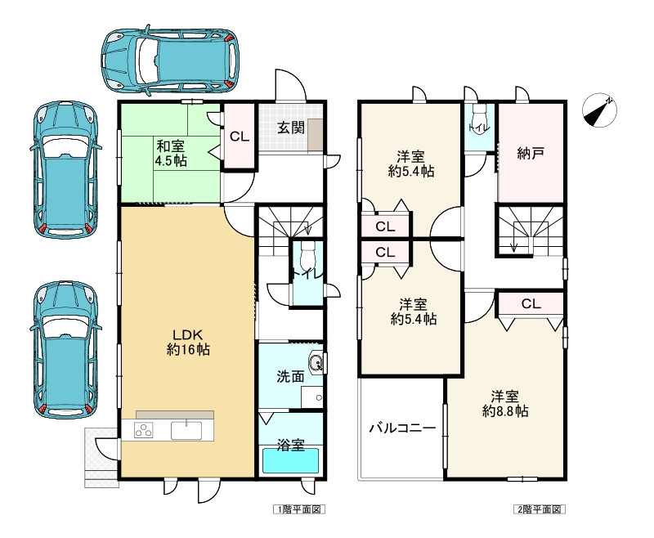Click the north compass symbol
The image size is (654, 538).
(x=599, y=110)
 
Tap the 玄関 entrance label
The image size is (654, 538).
(x=291, y=128)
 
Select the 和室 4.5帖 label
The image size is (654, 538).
(x=171, y=154)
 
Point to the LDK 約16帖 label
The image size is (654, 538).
(x=188, y=342)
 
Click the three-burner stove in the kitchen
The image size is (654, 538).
(x=143, y=430)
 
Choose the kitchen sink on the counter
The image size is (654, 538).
(x=186, y=430)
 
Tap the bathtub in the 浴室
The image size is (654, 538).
(x=291, y=460)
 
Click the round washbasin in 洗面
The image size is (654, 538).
(x=316, y=362)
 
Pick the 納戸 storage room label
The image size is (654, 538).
(x=530, y=154)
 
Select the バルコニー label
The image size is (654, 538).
(x=402, y=428)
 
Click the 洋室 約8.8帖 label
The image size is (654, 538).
(x=505, y=404)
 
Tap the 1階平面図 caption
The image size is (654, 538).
(x=299, y=509)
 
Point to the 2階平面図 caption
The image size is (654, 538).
(x=540, y=509)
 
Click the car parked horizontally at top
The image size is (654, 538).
(x=170, y=60)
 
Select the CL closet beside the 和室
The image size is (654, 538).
(x=240, y=137)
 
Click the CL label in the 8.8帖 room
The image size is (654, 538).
(x=531, y=303)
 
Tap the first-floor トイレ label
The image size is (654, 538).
(x=307, y=275)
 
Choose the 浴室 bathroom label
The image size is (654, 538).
(x=291, y=445)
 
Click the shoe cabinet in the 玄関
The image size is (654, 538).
(x=316, y=135)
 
